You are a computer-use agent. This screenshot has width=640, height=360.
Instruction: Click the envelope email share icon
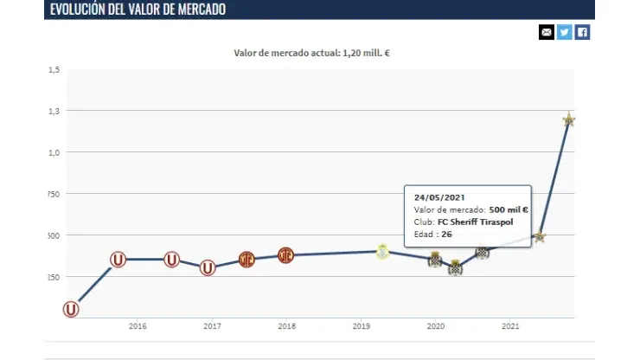click(546, 32)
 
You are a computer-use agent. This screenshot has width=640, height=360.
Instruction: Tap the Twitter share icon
click(564, 32)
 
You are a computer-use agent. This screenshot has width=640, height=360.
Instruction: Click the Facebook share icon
click(582, 32)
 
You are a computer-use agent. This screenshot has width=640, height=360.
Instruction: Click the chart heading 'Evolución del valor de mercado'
click(138, 10)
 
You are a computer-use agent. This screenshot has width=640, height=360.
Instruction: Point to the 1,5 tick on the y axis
click(54, 70)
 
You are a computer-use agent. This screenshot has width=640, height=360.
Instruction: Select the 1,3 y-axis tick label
click(54, 112)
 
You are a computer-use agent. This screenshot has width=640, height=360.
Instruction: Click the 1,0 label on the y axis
click(54, 153)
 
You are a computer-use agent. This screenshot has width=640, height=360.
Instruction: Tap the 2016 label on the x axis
click(137, 326)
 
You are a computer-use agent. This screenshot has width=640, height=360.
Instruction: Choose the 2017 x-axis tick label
click(212, 326)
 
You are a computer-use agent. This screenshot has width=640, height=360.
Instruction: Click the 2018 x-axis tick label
click(287, 326)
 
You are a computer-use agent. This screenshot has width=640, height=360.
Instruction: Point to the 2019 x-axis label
click(362, 326)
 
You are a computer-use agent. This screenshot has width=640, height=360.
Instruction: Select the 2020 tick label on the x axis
click(437, 326)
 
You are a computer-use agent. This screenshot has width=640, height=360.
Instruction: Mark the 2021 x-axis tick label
click(511, 326)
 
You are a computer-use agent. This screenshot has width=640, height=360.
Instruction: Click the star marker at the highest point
click(568, 119)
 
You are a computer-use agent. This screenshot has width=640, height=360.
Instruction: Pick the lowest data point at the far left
click(71, 309)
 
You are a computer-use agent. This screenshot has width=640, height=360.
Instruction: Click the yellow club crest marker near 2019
click(382, 251)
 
